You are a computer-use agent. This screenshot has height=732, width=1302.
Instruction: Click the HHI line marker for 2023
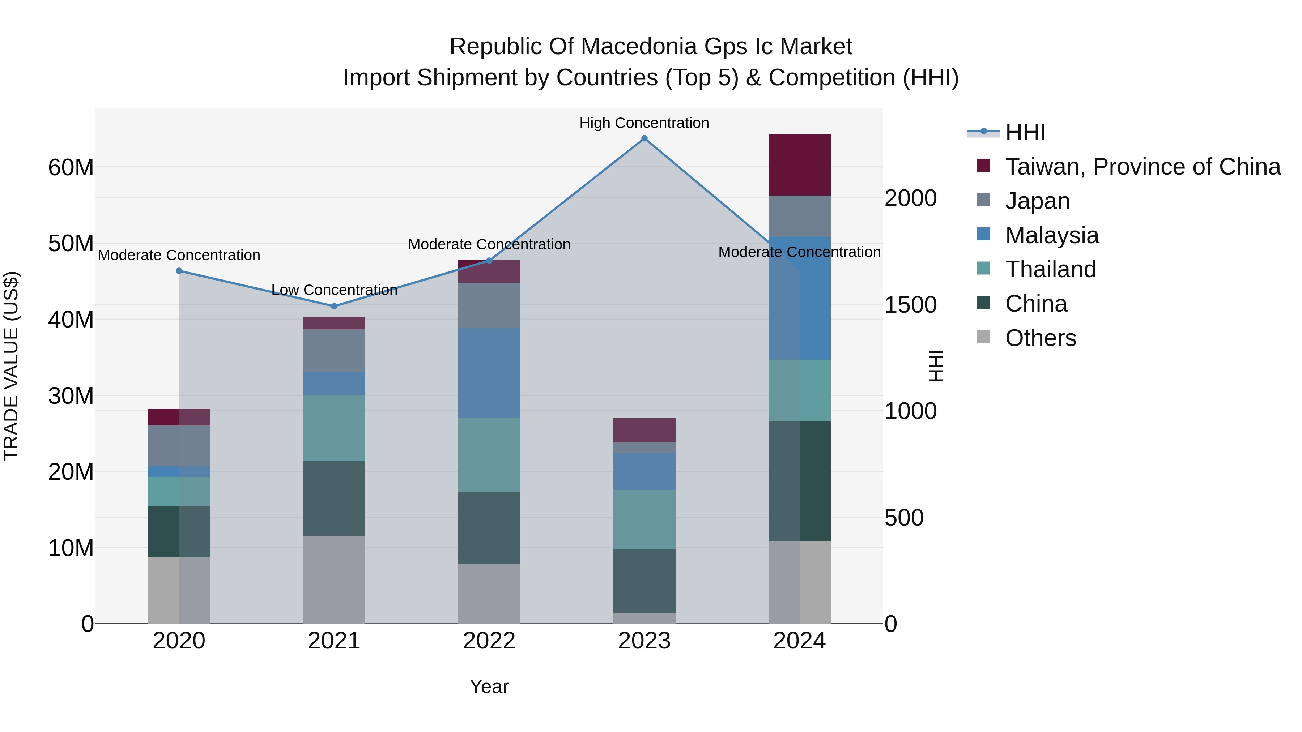coord(644,138)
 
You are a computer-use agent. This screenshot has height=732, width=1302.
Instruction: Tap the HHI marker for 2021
coord(334,306)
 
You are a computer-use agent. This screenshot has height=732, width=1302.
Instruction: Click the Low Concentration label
coord(334,290)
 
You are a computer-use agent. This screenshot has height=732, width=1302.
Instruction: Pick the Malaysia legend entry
coord(1051,235)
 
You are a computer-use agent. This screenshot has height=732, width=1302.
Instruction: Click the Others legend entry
coord(1040,338)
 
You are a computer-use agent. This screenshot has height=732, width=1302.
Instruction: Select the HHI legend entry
coord(1025,132)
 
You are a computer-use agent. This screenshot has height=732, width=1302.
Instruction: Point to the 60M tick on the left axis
coord(71,167)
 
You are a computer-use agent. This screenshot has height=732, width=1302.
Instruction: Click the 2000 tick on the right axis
coord(910,198)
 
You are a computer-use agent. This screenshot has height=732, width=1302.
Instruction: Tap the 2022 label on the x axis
coord(489,641)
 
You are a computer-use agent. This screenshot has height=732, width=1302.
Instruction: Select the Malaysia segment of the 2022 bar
coord(489,373)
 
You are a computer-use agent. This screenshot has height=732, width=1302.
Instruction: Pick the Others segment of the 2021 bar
coord(334,579)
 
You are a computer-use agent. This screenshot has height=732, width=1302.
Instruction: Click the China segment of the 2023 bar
coord(644,581)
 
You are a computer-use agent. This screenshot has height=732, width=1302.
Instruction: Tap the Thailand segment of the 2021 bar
coord(334,428)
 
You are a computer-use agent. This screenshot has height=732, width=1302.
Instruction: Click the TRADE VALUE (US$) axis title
coord(11,366)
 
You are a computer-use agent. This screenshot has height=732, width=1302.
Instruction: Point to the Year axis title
coord(489,686)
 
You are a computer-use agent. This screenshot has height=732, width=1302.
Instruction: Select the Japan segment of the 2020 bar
coord(179,446)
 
